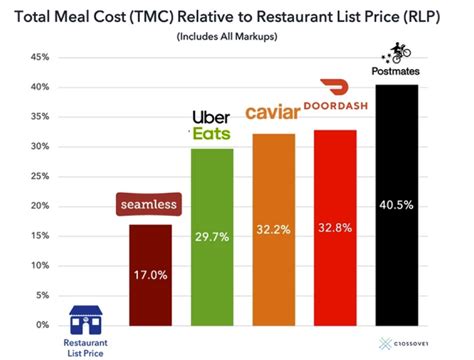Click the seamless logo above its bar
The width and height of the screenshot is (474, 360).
point(148,206)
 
